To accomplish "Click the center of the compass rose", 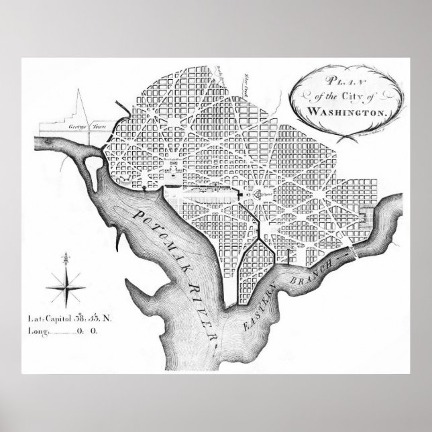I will coord(66,280).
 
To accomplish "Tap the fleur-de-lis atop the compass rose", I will coord(66,258).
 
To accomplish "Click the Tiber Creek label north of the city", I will coord(246,83).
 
